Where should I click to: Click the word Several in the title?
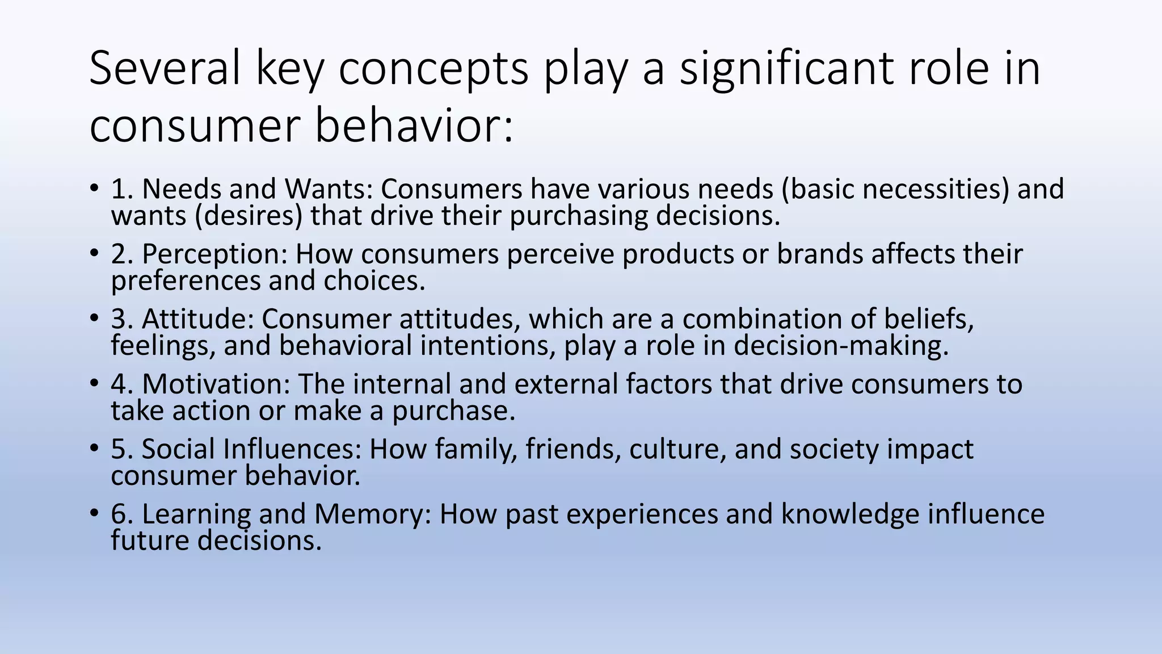click(165, 68)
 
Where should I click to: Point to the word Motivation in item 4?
click(216, 384)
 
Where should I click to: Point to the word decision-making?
click(840, 346)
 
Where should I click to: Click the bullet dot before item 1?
click(94, 188)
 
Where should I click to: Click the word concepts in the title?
click(433, 68)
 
